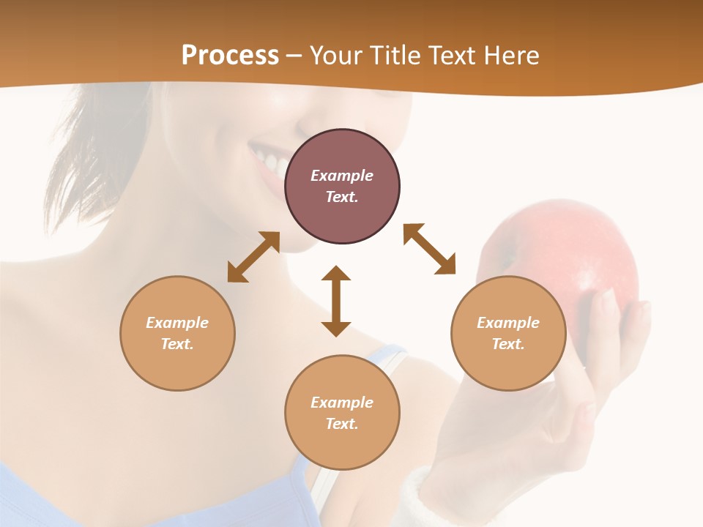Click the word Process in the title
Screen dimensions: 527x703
230,56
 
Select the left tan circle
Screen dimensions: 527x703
177,366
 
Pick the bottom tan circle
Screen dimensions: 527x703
342,446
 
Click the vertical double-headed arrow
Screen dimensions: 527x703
336,301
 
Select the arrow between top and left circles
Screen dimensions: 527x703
253,257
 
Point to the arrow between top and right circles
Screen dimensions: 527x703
429,249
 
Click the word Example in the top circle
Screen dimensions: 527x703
342,176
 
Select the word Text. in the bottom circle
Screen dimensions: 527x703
342,424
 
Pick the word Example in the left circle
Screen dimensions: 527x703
177,323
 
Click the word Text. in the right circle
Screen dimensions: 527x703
508,344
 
